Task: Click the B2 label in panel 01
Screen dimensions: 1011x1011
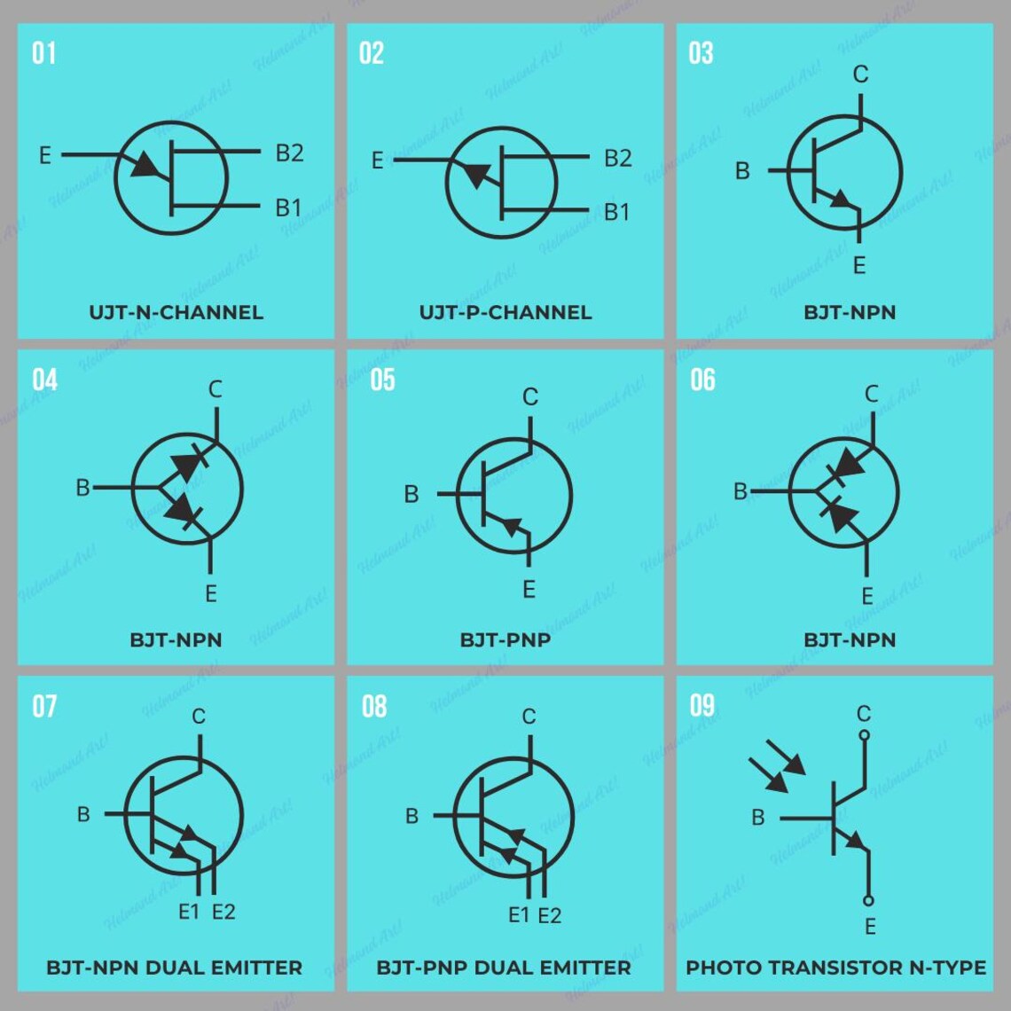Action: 289,153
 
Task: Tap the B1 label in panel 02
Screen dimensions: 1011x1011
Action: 616,212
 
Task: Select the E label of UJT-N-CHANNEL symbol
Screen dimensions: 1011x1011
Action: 44,156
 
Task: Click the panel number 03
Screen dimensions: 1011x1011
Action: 701,53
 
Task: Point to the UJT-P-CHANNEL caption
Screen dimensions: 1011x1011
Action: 505,312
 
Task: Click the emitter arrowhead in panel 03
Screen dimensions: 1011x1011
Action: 839,200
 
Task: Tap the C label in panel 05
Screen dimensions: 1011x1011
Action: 529,397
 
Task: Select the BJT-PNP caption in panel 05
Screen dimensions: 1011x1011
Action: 505,639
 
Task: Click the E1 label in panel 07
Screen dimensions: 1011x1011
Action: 189,911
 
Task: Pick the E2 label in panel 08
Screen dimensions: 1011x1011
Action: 550,915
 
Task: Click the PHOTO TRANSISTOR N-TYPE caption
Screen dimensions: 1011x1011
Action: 835,967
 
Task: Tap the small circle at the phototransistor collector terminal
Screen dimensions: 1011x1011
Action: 865,735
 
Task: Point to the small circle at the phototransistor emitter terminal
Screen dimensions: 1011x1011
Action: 868,900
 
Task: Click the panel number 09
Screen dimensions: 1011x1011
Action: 701,706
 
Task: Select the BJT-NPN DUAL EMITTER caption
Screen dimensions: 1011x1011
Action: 174,967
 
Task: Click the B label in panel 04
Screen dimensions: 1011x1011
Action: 82,488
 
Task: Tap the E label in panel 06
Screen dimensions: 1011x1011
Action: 867,596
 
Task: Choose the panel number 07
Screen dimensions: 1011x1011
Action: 44,707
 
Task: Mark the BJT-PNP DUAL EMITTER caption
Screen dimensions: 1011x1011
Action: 504,967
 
